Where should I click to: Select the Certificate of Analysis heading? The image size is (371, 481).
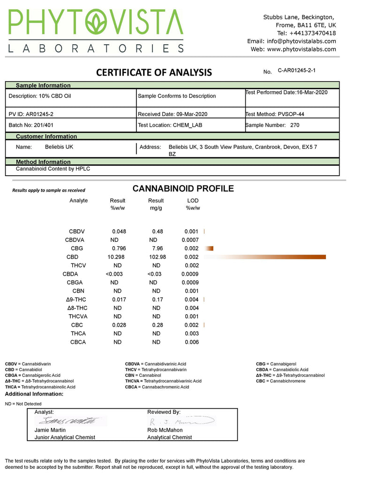point(154,72)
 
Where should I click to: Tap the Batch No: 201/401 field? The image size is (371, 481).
point(30,125)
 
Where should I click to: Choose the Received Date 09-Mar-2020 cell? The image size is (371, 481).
point(173,114)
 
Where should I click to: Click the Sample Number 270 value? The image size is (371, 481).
point(295,125)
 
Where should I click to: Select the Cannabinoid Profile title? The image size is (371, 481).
point(183,189)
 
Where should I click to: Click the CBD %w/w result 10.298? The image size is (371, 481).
point(117,257)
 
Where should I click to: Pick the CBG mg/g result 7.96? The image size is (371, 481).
point(157,248)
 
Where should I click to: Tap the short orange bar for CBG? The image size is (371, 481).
point(209,248)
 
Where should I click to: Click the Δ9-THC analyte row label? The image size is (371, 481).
point(76,300)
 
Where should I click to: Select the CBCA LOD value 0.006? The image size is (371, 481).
point(191,342)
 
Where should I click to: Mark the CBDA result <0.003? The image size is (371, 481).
point(114,274)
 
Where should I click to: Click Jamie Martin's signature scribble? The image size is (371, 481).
point(71,420)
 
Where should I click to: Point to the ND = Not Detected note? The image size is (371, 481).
point(23,404)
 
